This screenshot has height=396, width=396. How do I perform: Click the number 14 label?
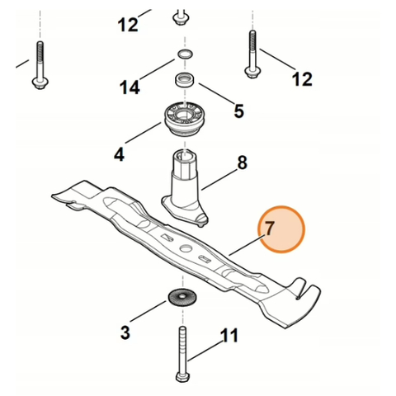pyautogui.click(x=130, y=87)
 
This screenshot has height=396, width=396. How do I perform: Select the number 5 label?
pyautogui.click(x=238, y=111)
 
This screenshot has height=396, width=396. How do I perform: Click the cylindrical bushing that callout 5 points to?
pyautogui.click(x=185, y=80)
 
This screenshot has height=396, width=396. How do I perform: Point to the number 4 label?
pyautogui.click(x=120, y=154)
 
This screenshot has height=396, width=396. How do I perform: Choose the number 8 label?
pyautogui.click(x=242, y=163)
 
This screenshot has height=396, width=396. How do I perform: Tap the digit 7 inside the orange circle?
pyautogui.click(x=269, y=229)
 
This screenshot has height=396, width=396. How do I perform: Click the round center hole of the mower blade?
pyautogui.click(x=186, y=247)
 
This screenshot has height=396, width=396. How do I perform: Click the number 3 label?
pyautogui.click(x=125, y=332)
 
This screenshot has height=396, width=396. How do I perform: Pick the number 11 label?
pyautogui.click(x=229, y=335)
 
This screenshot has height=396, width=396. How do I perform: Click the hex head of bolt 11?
pyautogui.click(x=182, y=376)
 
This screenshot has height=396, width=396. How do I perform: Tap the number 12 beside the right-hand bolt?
pyautogui.click(x=302, y=79)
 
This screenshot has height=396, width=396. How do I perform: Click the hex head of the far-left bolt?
pyautogui.click(x=40, y=82)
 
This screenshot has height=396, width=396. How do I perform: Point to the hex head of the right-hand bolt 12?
pyautogui.click(x=252, y=72)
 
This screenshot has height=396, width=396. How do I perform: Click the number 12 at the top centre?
pyautogui.click(x=128, y=25)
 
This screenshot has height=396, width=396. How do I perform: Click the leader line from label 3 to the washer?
pyautogui.click(x=148, y=311)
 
